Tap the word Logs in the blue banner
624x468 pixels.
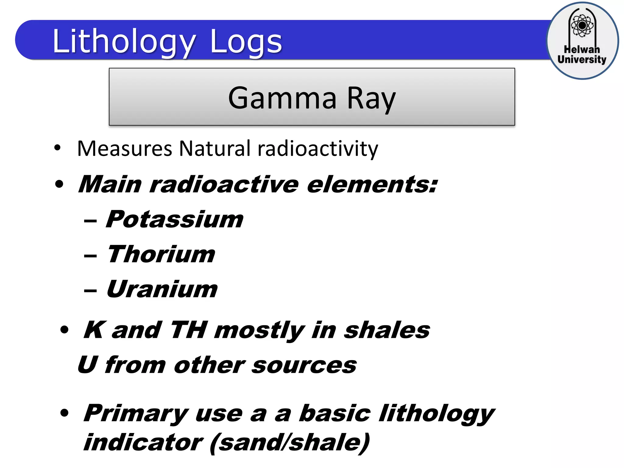point(246,41)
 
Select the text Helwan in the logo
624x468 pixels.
point(582,49)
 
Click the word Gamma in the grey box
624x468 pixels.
point(282,98)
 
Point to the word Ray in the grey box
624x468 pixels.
point(371,98)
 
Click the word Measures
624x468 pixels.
point(125,149)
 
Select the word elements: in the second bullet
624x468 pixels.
point(372,185)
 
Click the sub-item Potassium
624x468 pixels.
point(175,219)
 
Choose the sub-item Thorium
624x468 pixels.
point(161,254)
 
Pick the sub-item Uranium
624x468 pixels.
point(162,289)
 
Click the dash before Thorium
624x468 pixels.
point(90,256)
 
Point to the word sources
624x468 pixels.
point(304,365)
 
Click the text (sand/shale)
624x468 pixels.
point(290,443)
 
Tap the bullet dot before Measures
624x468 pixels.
point(57,148)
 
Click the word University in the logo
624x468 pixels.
point(582,59)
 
